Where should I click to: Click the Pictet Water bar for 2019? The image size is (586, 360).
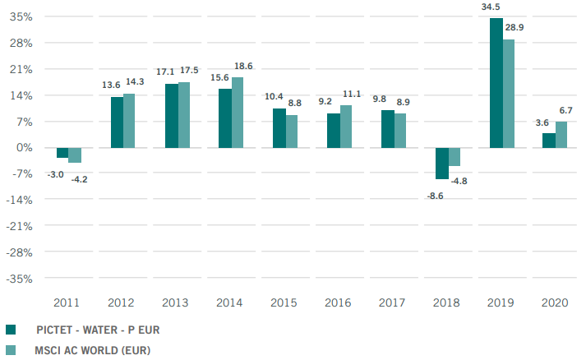coord(496,83)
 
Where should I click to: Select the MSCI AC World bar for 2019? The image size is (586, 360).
coord(508,94)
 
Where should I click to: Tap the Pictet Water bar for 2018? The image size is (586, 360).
coord(441,164)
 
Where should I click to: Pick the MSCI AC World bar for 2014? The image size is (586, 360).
coord(238,113)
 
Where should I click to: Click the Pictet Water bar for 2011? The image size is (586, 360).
coord(62,153)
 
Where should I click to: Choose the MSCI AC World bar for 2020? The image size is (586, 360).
coord(561,135)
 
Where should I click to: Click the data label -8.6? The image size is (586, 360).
coord(435,196)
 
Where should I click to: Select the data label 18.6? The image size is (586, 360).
coord(243,66)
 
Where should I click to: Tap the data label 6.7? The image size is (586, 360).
coord(566,110)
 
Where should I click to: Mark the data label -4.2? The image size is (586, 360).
coord(79,178)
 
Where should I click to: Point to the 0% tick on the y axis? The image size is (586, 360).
coord(23,148)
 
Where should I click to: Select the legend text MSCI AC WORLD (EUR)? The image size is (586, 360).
coord(93,350)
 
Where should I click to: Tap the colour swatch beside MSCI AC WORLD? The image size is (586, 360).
coord(11,350)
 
